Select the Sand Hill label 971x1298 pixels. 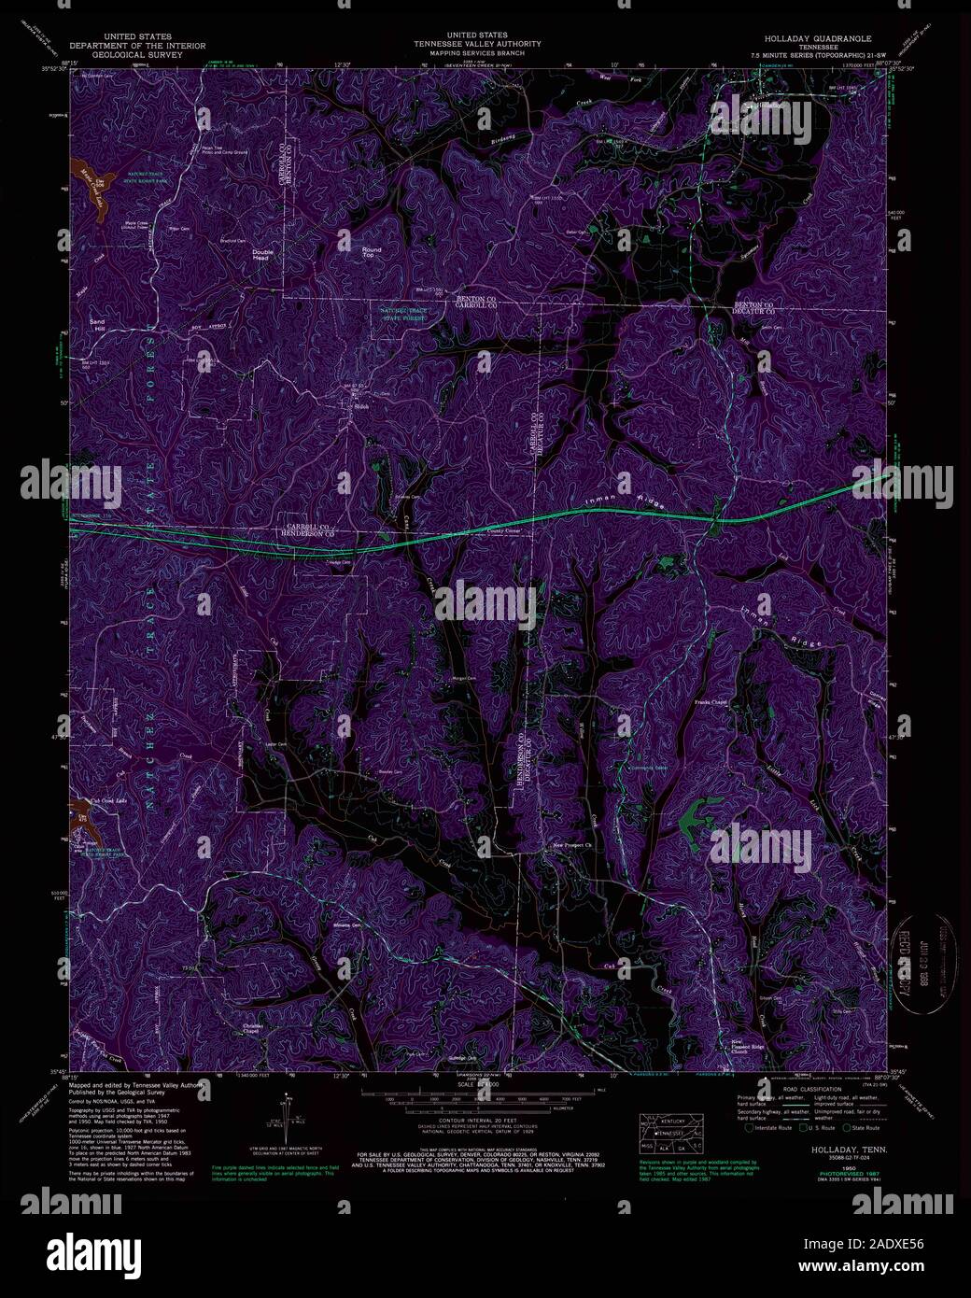tap(97, 323)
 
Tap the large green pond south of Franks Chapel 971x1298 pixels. tap(695, 820)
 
